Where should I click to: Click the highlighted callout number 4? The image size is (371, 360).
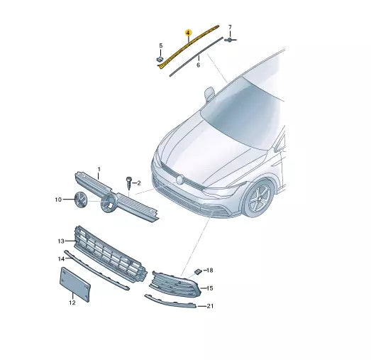point(187,33)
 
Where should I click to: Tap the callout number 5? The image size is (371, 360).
point(160,45)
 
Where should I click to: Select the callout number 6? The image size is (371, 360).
point(198,65)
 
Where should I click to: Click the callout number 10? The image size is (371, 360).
point(59,200)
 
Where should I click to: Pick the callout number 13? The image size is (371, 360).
point(61,241)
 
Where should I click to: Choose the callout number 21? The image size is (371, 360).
point(209,306)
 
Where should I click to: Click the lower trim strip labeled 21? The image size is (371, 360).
point(170,301)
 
